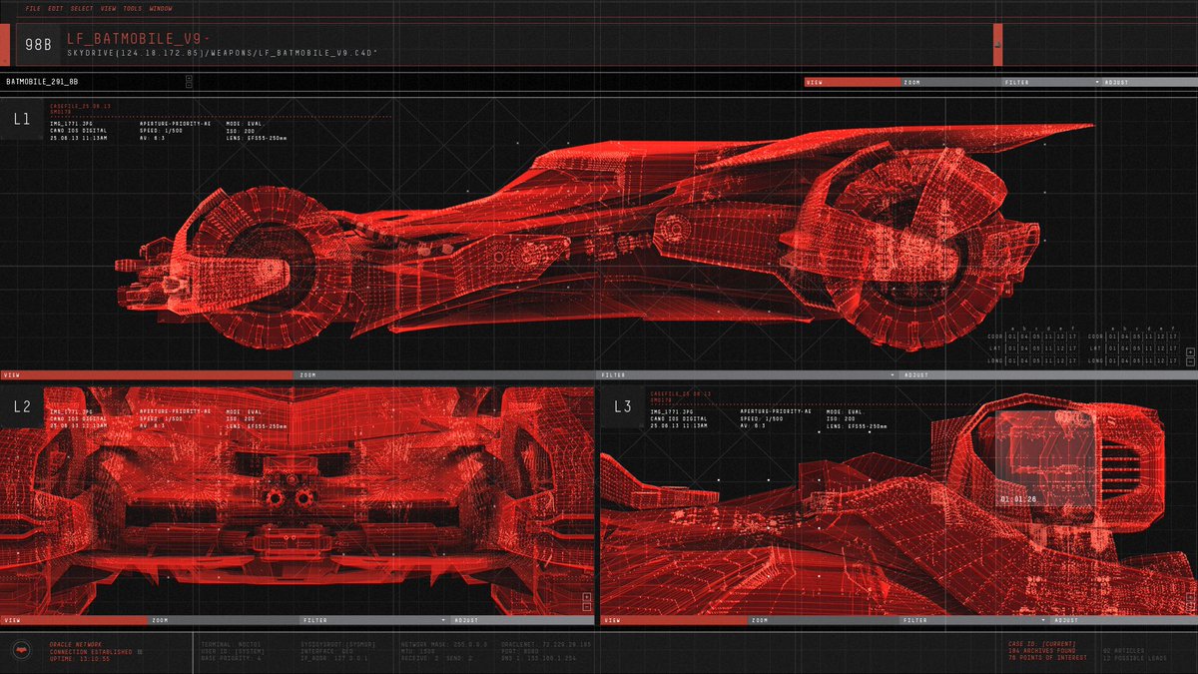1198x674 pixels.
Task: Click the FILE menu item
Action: coord(34,9)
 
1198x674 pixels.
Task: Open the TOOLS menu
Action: coord(133,9)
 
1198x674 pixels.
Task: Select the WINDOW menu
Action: coord(160,9)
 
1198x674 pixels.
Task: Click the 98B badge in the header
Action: coord(38,44)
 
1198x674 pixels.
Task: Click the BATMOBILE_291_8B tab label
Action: coord(42,82)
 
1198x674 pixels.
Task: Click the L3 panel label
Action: coord(623,406)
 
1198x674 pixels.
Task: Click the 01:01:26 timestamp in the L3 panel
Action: coord(1018,497)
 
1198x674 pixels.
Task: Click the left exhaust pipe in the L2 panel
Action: coord(272,497)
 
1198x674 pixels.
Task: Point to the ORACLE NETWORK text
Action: coord(76,644)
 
